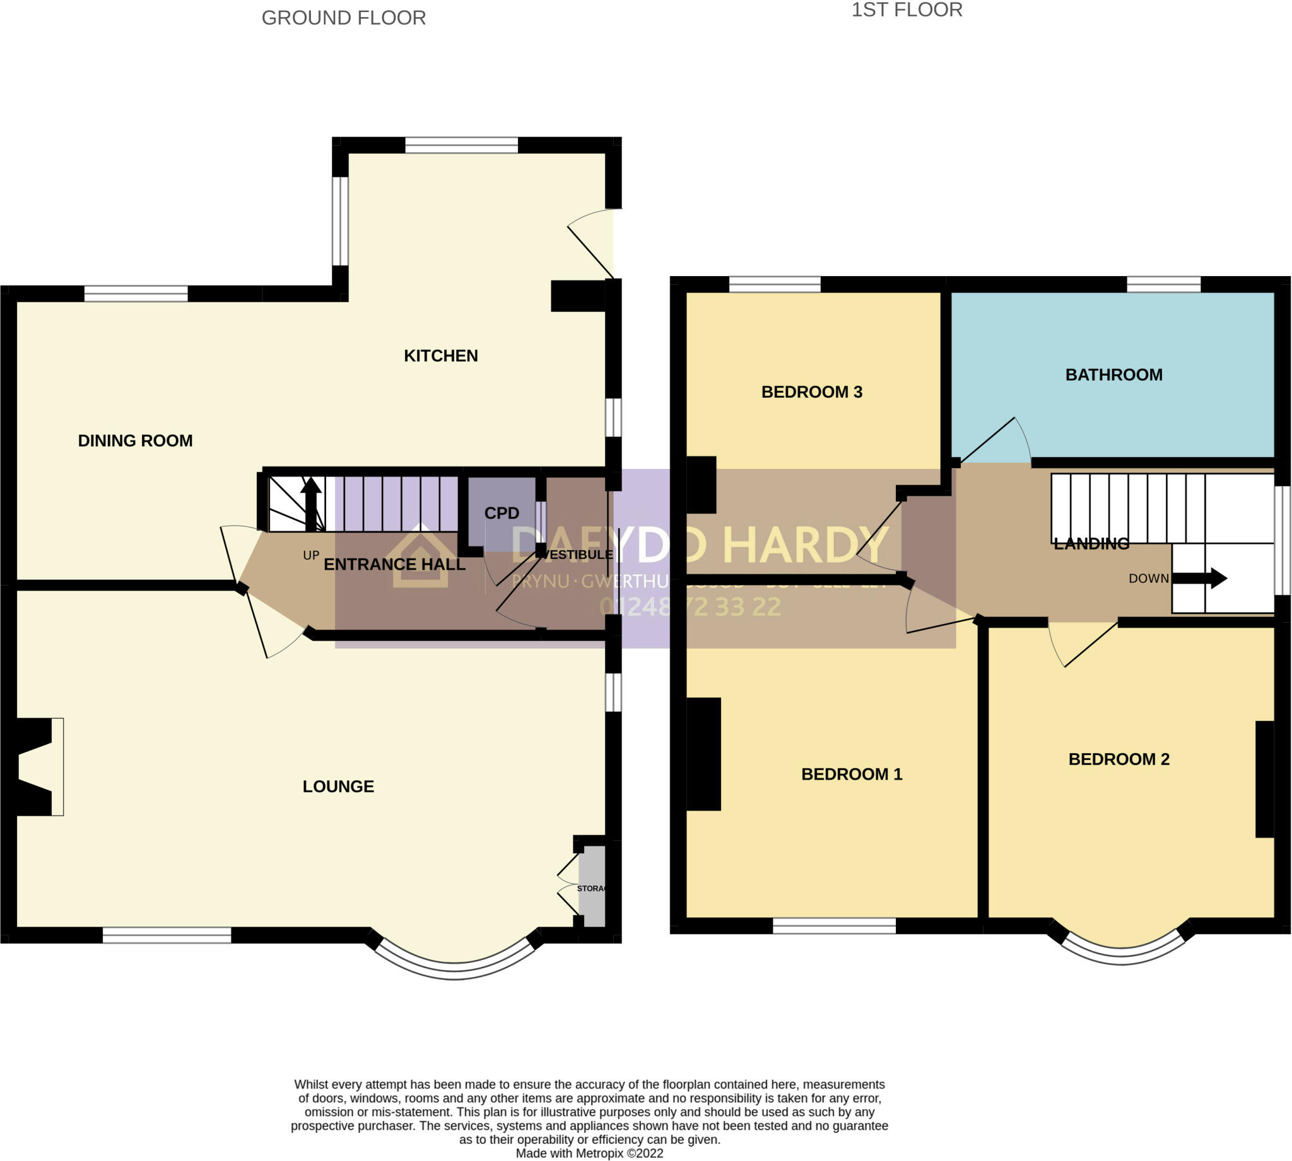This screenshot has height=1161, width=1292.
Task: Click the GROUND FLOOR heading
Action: coord(343,18)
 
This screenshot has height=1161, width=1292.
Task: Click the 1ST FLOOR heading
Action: coord(907,10)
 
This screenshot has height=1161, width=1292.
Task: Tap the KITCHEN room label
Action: coord(440,355)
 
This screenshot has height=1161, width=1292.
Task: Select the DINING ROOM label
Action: coord(135,441)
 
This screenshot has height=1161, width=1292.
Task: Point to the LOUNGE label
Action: coord(338,787)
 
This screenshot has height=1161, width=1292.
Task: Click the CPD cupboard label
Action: coord(501,513)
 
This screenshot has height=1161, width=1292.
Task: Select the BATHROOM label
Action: coord(1113,374)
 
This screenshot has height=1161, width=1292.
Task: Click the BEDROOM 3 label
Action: coord(811,391)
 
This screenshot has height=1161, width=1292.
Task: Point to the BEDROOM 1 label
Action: coord(851,775)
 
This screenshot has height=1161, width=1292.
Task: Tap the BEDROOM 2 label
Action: coord(1119,759)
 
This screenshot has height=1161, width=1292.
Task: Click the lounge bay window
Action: coord(454,969)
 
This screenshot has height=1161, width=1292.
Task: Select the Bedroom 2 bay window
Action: coord(1122,954)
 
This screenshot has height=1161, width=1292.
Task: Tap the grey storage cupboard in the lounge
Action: coord(592,886)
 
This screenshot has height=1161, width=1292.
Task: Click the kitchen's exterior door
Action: coord(590,249)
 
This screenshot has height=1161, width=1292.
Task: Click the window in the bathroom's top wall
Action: coord(1163,284)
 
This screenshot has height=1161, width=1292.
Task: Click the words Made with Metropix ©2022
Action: coord(589,1153)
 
